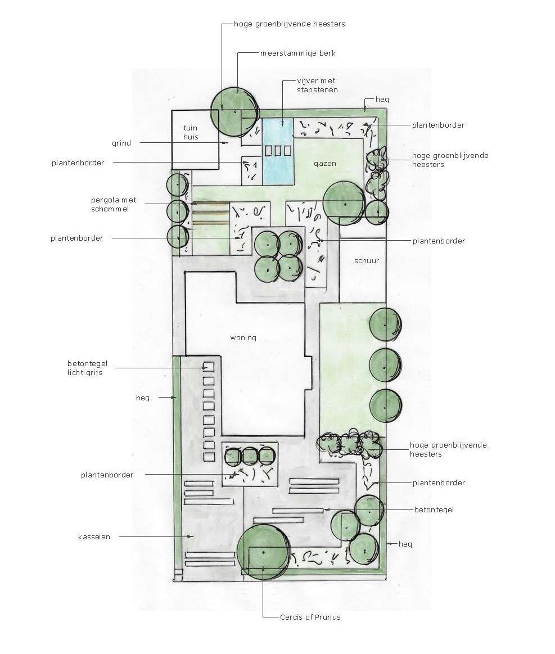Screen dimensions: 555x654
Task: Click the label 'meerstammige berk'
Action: [297, 53]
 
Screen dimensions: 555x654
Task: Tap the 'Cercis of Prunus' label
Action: [310, 617]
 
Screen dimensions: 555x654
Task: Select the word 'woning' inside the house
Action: [243, 338]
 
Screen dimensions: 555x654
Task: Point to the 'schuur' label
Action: [367, 261]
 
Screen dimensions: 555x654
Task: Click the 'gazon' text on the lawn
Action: [325, 164]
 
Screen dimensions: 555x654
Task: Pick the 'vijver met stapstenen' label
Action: [317, 85]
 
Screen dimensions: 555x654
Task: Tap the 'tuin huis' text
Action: [191, 132]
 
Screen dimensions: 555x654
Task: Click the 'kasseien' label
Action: [94, 537]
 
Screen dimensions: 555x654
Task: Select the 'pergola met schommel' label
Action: [114, 204]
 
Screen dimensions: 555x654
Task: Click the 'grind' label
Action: [121, 143]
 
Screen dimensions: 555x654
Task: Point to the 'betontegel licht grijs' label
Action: [87, 368]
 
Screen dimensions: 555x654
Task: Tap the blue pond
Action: [278, 151]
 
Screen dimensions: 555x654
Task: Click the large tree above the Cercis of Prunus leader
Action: [264, 552]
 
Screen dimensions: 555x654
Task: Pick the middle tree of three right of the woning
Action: [385, 366]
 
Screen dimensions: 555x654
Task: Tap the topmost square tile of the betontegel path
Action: [209, 367]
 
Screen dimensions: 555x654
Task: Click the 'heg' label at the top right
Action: [382, 100]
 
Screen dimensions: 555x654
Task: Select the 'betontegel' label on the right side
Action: [434, 509]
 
